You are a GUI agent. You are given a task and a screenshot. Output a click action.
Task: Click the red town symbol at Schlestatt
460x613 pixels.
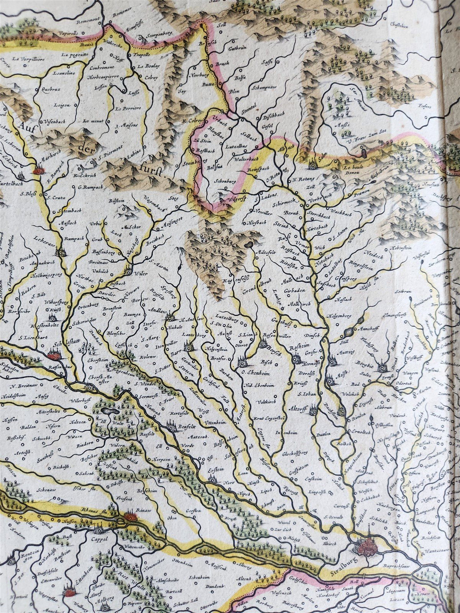click(53, 355)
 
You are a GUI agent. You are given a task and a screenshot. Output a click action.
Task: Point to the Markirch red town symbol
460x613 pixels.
click(38, 171)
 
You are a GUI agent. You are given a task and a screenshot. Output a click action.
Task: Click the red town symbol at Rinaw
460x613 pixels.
click(130, 517)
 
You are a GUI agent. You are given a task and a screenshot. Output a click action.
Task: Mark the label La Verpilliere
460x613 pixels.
click(28, 59)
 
